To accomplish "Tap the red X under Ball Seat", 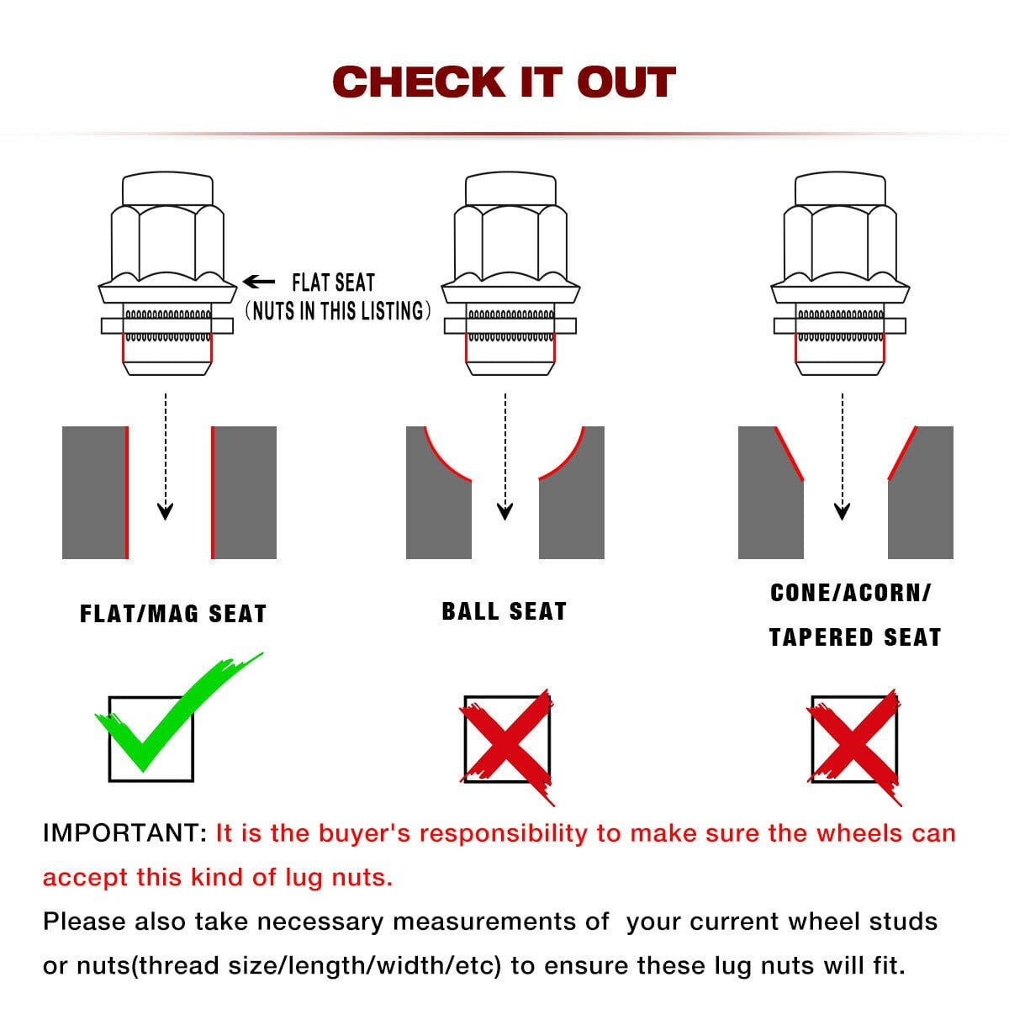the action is click(507, 746).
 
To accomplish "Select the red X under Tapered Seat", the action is click(853, 746).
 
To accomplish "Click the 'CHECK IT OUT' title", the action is click(504, 82).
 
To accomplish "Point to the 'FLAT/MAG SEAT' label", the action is click(173, 614).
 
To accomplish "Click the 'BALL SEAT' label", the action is click(504, 611).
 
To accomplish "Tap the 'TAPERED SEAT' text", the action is click(855, 637).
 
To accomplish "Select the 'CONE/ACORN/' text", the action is click(851, 593).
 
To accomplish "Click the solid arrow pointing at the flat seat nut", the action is click(259, 282).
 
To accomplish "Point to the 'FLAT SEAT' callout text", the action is click(334, 283).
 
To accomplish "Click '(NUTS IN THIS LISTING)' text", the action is click(338, 310).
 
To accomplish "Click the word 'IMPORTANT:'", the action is click(125, 833).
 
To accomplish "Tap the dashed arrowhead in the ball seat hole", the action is click(504, 511).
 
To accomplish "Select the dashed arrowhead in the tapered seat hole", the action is click(842, 511).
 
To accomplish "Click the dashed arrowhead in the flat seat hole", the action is click(166, 511).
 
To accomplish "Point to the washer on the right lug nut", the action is click(840, 325).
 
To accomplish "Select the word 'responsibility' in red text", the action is click(503, 834).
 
